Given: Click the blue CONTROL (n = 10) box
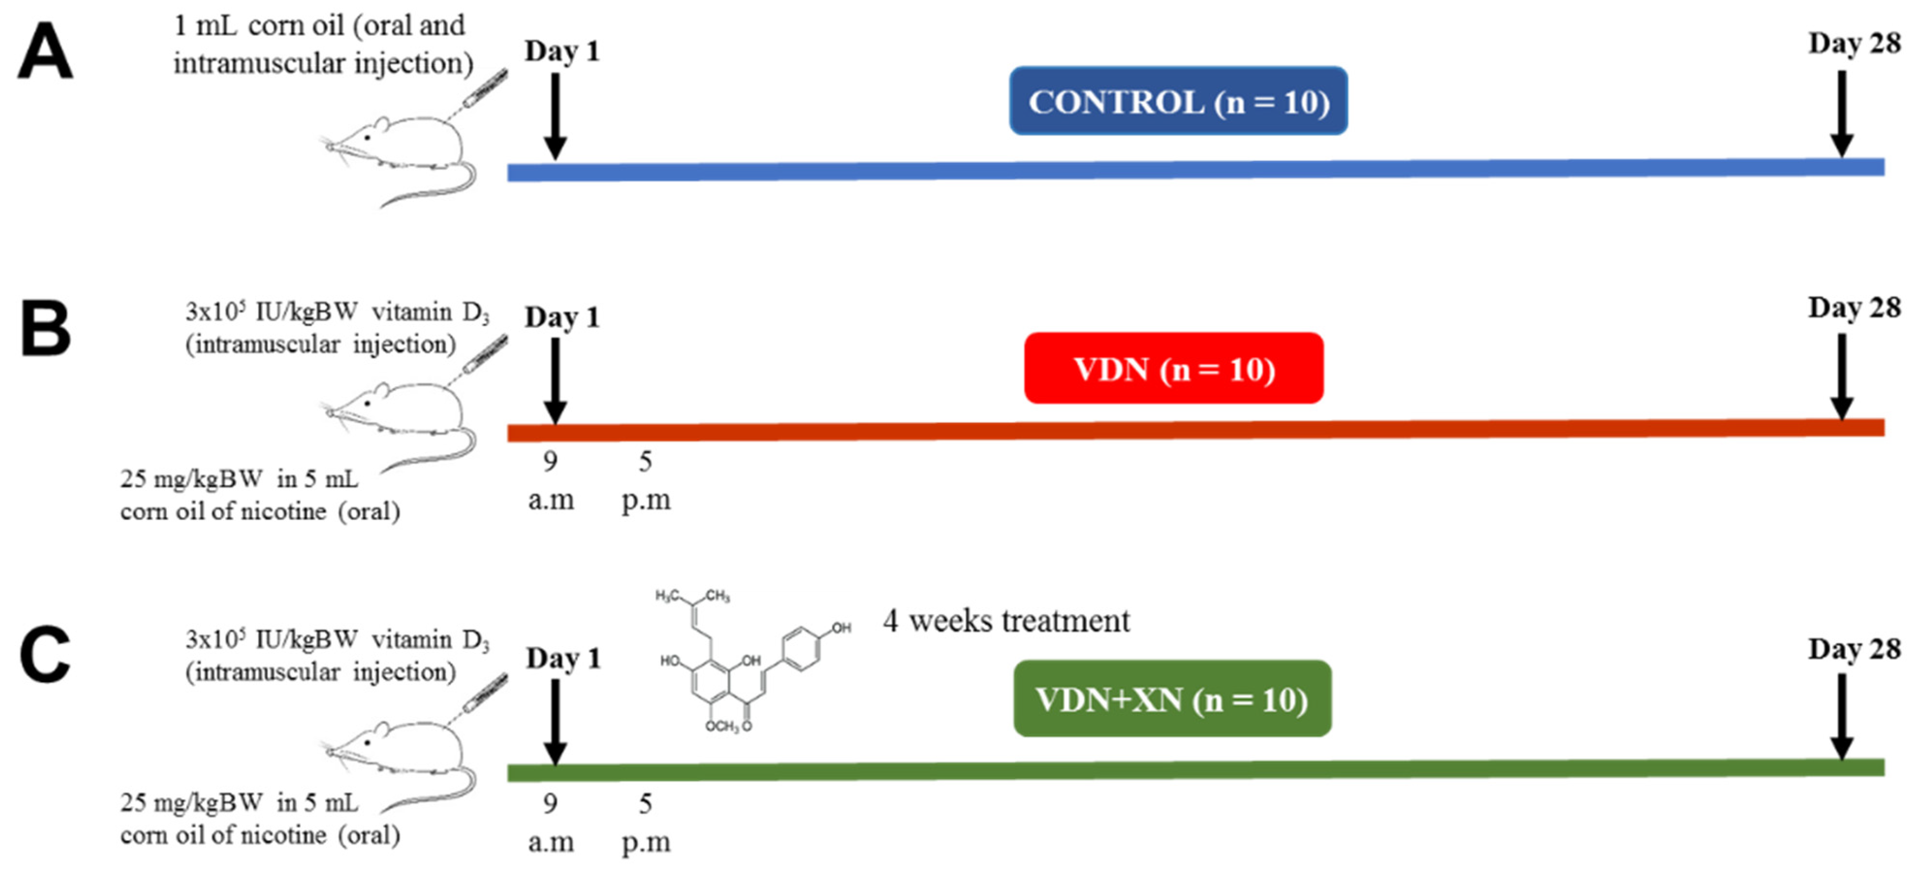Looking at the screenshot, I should coord(1178,101).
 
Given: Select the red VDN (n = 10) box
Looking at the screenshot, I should coord(1174,368).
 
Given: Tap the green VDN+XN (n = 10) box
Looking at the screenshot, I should coord(1172,699).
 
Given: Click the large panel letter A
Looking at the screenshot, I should coord(45,50).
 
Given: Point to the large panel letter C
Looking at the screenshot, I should coord(45,654).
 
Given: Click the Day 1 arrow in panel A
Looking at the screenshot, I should coord(555,115).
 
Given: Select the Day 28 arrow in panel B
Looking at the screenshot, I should coord(1842,376).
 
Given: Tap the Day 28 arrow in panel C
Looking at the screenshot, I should coord(1842,716).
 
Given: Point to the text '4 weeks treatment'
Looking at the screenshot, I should coord(1006,621).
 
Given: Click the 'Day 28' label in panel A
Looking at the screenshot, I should coord(1854,43).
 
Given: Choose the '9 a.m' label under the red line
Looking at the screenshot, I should coord(551,481).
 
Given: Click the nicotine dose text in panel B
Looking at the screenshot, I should coord(260,495).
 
